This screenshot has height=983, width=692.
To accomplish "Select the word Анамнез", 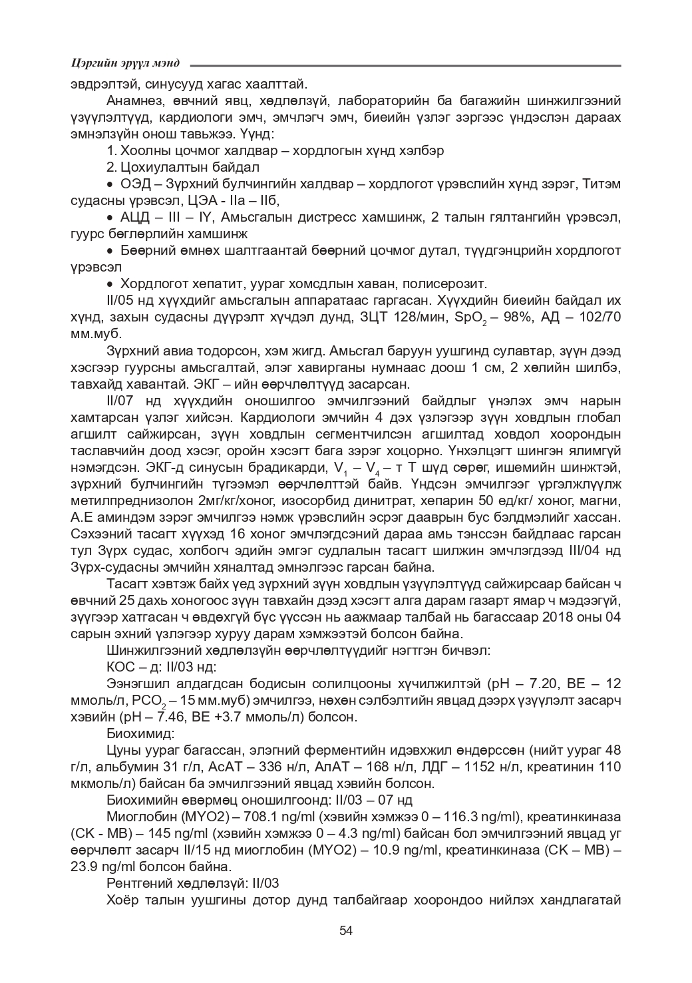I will point(133,101).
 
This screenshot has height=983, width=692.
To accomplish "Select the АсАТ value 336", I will point(248,767).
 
